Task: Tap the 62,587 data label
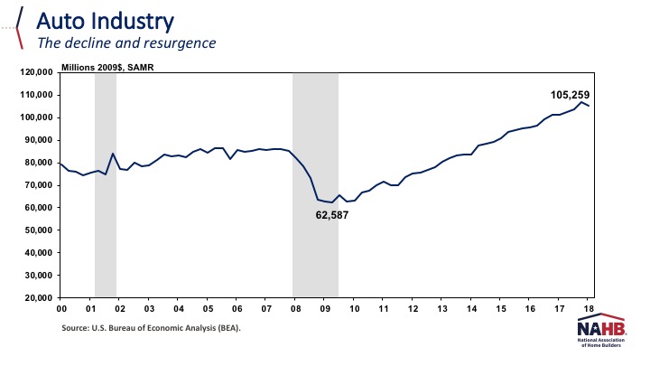[332, 216]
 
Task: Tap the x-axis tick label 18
[589, 308]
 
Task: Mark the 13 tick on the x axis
[441, 308]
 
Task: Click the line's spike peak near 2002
[113, 154]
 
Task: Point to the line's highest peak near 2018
[581, 102]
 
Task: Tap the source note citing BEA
[152, 328]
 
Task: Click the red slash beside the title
[19, 28]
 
